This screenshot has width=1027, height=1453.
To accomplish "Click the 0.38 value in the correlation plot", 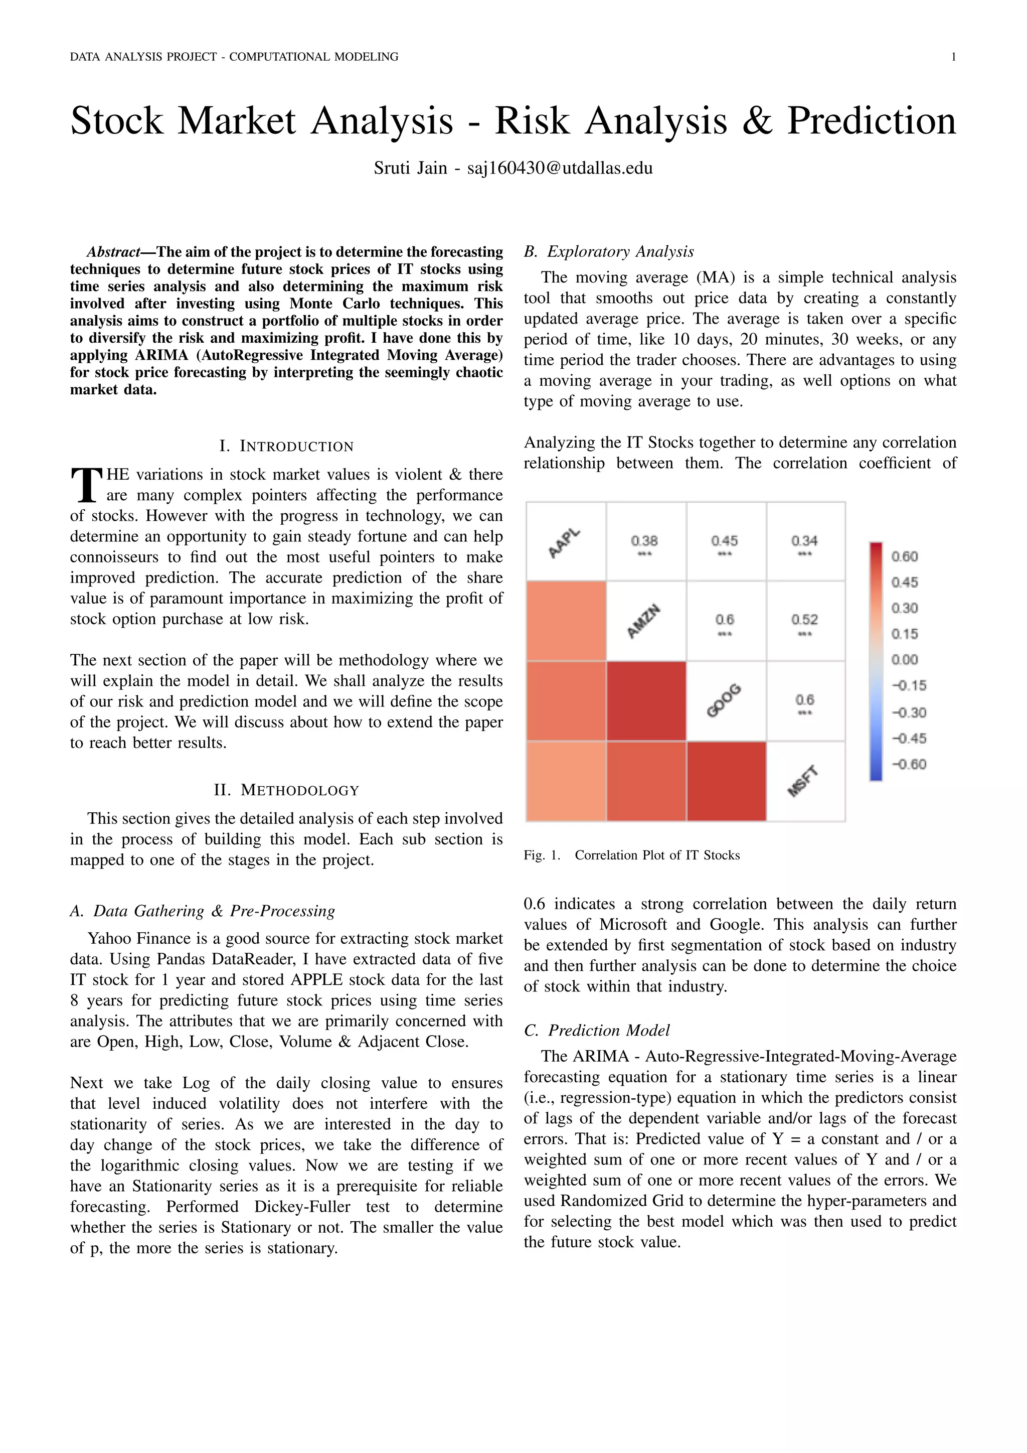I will (644, 541).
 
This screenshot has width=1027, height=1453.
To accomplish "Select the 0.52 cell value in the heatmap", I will (804, 620).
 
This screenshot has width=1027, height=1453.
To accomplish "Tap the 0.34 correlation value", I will (804, 541).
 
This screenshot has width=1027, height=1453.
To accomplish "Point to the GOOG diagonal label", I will (724, 700).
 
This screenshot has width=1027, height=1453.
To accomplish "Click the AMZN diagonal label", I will (644, 622).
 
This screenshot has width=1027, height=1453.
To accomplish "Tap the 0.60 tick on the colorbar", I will (904, 557).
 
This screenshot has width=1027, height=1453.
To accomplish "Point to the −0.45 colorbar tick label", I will (908, 739).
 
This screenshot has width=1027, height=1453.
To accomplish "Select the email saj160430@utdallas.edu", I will (560, 169).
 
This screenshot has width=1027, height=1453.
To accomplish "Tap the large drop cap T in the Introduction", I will (87, 484).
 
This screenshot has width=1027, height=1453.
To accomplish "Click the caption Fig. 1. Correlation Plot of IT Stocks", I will (631, 855).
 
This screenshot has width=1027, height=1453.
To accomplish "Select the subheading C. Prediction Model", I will (596, 1030).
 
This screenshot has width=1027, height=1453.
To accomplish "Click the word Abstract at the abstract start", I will (113, 252).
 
